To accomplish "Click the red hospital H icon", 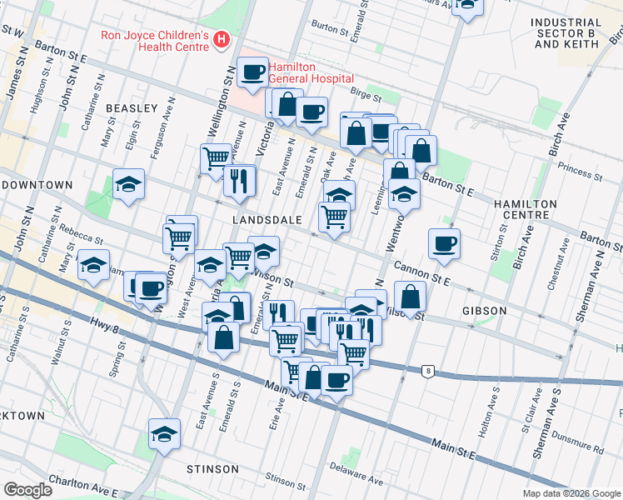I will pyautogui.click(x=222, y=39).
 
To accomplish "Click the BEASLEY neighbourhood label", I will pyautogui.click(x=132, y=108).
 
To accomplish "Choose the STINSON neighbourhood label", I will pyautogui.click(x=212, y=469).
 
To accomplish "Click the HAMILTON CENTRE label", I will pyautogui.click(x=532, y=209).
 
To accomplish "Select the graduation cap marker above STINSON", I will pyautogui.click(x=165, y=433).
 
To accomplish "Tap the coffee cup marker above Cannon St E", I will pyautogui.click(x=444, y=243).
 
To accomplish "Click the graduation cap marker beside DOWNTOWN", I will pyautogui.click(x=128, y=184).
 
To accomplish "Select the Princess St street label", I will pyautogui.click(x=581, y=171).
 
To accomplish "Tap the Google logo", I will pyautogui.click(x=27, y=490).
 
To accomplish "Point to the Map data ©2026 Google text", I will pyautogui.click(x=571, y=493).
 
